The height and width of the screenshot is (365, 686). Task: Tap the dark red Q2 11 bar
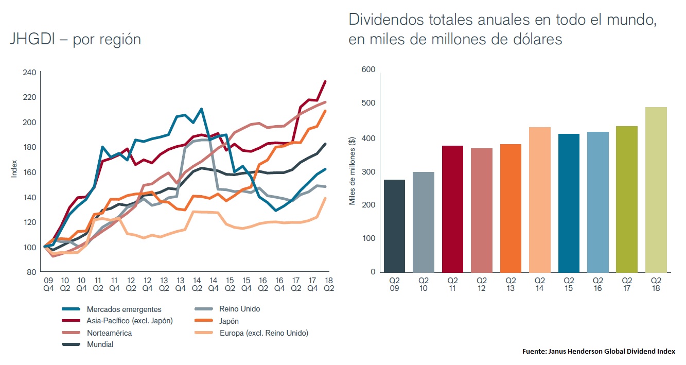452,208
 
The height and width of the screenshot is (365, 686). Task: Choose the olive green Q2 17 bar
626,199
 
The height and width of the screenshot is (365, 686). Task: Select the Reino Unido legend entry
239,309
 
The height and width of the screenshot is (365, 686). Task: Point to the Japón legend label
229,321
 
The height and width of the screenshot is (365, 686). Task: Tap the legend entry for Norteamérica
109,333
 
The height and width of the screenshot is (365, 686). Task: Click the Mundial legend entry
100,345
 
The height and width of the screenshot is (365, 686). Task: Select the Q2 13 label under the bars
511,284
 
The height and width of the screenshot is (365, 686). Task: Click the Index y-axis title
14,170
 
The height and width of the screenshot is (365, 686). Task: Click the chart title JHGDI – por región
75,40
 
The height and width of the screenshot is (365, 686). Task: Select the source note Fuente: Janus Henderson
599,352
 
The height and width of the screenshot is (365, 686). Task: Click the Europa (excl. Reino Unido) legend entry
263,333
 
